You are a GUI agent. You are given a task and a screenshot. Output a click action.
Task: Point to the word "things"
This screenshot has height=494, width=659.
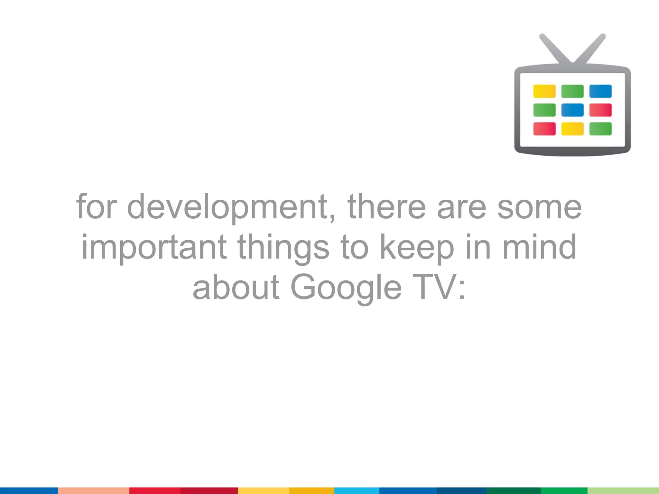coord(283,248)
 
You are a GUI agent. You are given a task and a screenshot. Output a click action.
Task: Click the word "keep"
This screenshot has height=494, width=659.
coord(417,248)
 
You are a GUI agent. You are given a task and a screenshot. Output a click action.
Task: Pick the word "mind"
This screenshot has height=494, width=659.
coord(539,247)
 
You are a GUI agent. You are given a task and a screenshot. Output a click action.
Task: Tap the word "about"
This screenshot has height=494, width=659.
coord(236,287)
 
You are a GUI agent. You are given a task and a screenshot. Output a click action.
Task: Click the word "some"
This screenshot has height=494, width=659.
coord(540,207)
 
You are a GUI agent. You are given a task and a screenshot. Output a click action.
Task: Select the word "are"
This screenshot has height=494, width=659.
coord(461,207)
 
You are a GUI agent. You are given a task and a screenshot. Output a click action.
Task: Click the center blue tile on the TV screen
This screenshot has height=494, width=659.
coord(572,110)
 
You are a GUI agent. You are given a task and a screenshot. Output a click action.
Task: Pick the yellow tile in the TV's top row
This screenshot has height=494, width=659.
coord(544,91)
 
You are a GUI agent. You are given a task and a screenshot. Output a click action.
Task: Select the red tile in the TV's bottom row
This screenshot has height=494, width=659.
coord(544,129)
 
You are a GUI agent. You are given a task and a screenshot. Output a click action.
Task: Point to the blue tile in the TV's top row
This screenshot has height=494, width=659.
coord(600,91)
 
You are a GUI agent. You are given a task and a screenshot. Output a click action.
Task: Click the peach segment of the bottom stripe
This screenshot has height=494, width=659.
coord(93,490)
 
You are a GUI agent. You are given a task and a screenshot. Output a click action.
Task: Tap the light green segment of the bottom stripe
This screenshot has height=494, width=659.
coord(623,490)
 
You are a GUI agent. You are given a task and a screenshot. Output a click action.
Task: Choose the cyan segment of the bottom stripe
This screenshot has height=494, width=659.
coord(357,490)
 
